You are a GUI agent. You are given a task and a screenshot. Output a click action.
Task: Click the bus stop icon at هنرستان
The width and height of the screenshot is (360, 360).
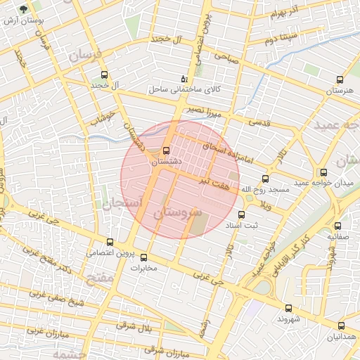click(340, 79)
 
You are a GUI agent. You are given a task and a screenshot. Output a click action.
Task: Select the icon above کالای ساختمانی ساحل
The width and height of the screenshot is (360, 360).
click(184, 78)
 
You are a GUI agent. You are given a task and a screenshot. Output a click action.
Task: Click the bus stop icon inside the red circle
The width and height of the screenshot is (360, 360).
click(166, 150)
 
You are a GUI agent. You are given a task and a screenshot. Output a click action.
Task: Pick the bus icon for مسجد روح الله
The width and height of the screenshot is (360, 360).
click(264, 179)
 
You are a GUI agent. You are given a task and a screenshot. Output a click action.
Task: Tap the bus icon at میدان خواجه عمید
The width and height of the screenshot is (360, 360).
click(323, 172)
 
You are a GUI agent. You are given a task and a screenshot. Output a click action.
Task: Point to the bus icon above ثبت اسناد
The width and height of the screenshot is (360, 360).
click(240, 214)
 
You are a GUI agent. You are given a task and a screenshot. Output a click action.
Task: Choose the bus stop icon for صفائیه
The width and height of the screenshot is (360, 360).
click(338, 226)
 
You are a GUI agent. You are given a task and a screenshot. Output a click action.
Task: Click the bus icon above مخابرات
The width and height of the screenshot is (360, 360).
click(144, 257)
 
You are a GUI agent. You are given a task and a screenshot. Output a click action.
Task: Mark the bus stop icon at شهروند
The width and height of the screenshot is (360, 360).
click(288, 308)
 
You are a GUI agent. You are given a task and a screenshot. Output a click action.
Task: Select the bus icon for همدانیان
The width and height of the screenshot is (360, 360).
click(341, 326)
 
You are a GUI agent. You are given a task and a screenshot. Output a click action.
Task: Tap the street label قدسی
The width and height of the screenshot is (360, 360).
click(261, 122)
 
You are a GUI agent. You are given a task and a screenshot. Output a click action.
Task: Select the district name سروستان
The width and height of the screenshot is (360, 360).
click(177, 212)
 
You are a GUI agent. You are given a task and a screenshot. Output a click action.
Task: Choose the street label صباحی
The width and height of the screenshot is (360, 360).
click(228, 60)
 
